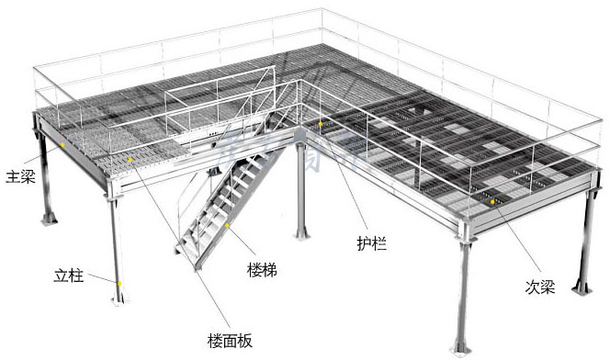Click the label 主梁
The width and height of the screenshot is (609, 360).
[20, 174]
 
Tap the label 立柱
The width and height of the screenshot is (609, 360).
[68, 276]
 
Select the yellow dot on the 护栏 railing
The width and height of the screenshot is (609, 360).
[320, 123]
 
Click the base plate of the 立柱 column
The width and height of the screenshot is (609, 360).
[118, 298]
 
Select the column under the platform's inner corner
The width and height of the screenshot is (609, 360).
[301, 193]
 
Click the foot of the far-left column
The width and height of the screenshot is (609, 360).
[44, 220]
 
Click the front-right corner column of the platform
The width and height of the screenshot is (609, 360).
[463, 294]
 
